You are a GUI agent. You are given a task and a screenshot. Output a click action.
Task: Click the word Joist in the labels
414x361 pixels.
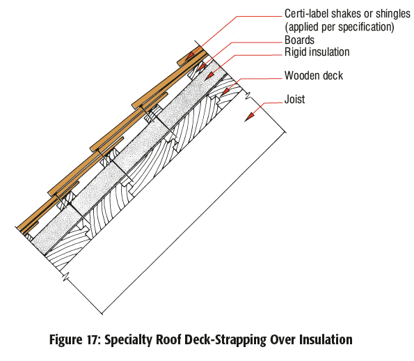(x=294, y=100)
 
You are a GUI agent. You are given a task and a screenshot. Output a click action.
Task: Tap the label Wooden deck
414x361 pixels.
(x=313, y=76)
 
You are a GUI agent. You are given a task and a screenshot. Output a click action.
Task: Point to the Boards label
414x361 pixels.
(x=300, y=40)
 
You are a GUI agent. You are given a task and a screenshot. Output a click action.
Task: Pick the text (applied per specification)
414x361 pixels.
(x=339, y=27)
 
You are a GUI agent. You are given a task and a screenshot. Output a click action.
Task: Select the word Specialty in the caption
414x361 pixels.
(x=132, y=340)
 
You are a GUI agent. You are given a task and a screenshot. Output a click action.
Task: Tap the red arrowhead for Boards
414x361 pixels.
(x=202, y=69)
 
